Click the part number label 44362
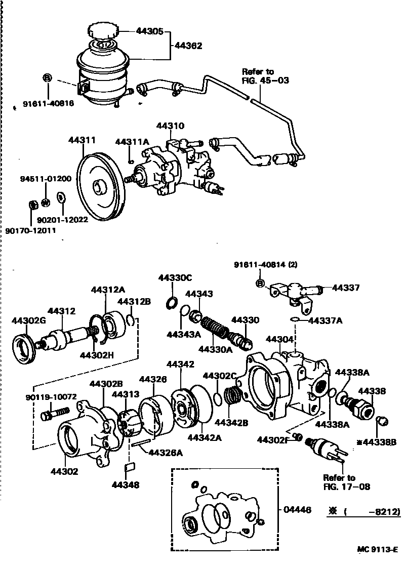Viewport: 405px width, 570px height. [188, 46]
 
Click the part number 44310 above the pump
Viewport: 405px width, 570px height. [170, 126]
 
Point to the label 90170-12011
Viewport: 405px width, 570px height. [30, 230]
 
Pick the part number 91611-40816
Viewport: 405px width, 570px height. [48, 104]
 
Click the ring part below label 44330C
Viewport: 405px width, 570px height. [172, 303]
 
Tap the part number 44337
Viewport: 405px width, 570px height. [346, 288]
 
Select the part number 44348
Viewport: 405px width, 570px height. [126, 484]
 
